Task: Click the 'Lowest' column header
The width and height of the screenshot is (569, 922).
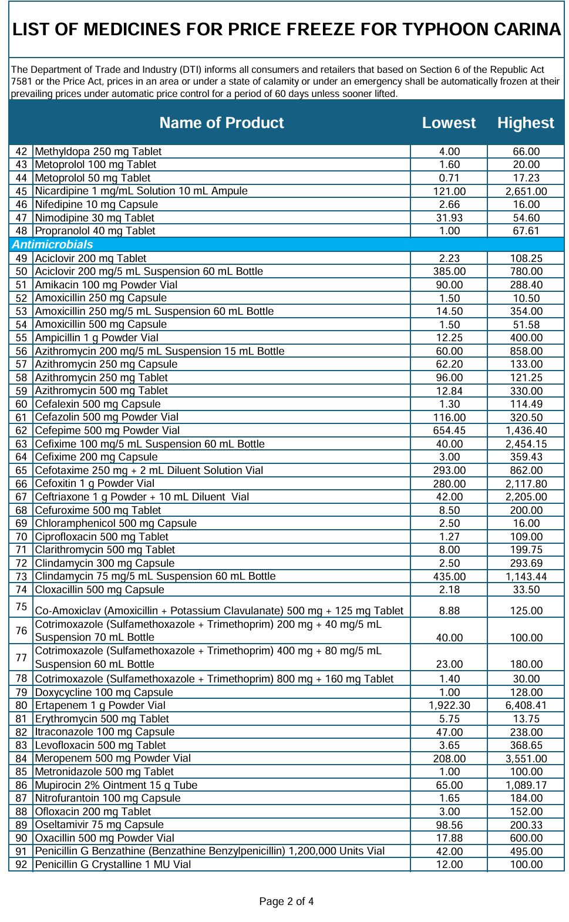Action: [x=449, y=123]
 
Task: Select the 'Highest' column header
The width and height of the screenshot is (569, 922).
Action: [x=526, y=123]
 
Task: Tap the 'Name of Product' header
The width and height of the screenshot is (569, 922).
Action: [x=221, y=123]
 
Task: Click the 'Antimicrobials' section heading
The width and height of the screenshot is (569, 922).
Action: [x=52, y=244]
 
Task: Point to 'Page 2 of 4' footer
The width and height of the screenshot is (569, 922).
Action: [x=287, y=901]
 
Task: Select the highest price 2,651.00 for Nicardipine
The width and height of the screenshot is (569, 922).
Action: [x=526, y=191]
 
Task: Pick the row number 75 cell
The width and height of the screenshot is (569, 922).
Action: [x=21, y=607]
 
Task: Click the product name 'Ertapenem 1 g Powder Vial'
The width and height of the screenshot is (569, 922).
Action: [x=100, y=705]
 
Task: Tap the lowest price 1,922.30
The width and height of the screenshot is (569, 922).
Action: [x=449, y=705]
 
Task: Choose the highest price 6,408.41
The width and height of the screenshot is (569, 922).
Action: [x=526, y=705]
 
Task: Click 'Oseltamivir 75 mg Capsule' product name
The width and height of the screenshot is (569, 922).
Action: [x=99, y=825]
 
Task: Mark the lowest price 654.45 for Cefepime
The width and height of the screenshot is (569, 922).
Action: [x=449, y=430]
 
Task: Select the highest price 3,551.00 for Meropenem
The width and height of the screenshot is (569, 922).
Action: [x=526, y=759]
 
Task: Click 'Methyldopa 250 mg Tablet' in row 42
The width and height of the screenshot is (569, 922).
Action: [x=98, y=152]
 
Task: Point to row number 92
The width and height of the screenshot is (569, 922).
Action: [x=21, y=864]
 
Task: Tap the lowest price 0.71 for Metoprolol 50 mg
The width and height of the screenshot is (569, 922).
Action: [x=449, y=178]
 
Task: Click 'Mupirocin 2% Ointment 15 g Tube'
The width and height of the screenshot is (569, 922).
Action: [x=116, y=785]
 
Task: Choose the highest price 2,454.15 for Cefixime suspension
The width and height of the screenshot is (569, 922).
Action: [x=526, y=444]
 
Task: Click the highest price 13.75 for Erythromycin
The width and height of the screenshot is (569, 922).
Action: [x=526, y=719]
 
